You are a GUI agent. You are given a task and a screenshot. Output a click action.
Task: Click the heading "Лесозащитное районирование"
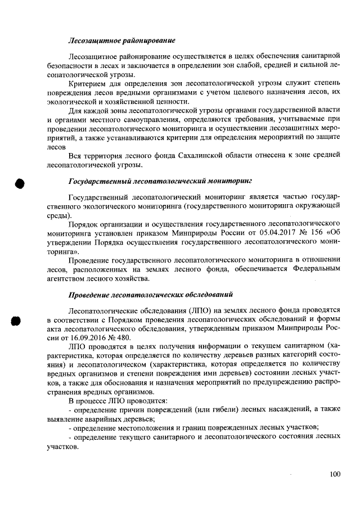coord(122,40)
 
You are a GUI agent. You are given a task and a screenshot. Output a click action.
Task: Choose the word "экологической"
coord(71,101)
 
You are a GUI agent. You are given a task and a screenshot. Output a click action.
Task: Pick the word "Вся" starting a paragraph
coord(74,155)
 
